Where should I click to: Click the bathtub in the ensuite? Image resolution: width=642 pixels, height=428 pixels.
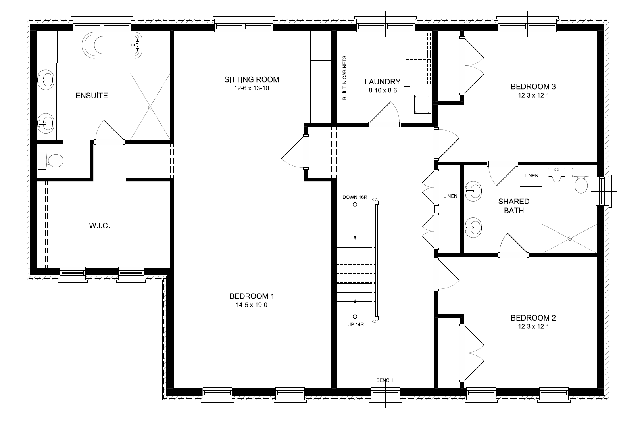click(112, 45)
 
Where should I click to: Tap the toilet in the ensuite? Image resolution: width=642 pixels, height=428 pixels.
click(52, 161)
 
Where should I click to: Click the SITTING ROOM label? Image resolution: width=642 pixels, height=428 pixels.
click(252, 79)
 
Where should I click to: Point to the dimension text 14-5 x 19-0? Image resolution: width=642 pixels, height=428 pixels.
click(252, 305)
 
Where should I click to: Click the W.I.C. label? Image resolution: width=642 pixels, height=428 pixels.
click(99, 226)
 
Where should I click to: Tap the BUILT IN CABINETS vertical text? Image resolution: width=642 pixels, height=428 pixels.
click(344, 77)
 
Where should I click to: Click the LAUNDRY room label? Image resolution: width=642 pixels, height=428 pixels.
click(382, 82)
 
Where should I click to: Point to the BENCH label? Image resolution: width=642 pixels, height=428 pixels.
click(384, 380)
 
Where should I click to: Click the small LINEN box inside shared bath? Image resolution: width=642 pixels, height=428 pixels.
click(531, 176)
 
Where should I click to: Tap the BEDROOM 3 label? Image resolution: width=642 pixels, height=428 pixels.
click(533, 86)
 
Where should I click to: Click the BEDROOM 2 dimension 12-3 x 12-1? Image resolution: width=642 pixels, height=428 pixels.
click(533, 326)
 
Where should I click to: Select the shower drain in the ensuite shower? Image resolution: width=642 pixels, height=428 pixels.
click(150, 107)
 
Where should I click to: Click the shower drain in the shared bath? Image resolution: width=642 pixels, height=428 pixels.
click(569, 239)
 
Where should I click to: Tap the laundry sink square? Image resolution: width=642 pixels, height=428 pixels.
click(421, 104)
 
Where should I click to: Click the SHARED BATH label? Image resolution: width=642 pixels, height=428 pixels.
click(513, 206)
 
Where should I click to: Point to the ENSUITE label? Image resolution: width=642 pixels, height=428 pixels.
click(92, 96)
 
